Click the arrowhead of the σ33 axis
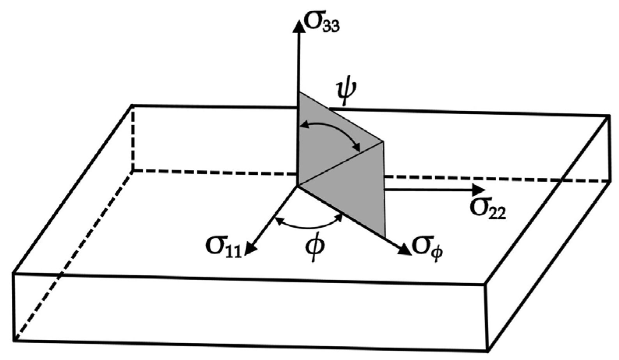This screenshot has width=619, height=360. click(x=299, y=25)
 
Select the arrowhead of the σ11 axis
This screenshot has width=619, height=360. click(x=250, y=250)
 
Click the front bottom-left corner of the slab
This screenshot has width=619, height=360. click(x=14, y=340)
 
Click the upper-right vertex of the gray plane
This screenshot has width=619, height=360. click(x=383, y=142)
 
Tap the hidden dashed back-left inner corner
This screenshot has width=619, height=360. click(x=133, y=170)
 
